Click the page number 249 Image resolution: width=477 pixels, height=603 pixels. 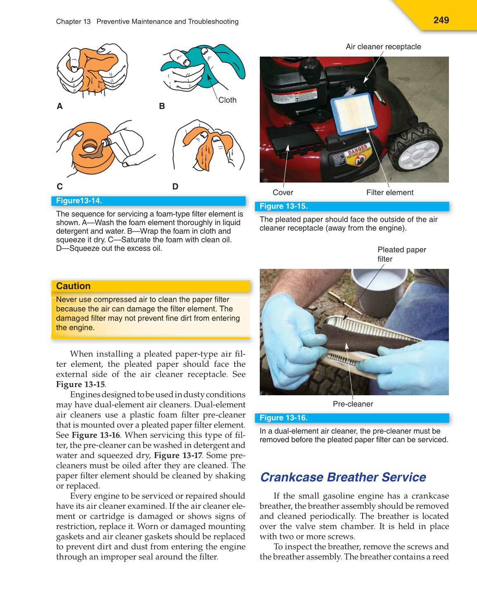tap(441, 20)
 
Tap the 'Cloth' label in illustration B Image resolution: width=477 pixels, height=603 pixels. tap(227, 100)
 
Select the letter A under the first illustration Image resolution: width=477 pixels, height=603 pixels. tap(60, 106)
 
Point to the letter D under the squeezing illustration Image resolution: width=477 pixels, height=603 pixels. tap(175, 186)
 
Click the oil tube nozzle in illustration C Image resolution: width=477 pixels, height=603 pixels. tap(106, 142)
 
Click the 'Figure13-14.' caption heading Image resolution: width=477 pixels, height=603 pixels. tap(79, 201)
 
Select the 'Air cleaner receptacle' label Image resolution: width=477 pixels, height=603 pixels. tap(383, 47)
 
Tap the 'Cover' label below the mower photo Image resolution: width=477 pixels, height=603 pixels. tap(283, 192)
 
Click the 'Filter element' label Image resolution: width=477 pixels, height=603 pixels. tap(389, 192)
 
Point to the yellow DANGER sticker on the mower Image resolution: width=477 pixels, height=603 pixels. tap(358, 154)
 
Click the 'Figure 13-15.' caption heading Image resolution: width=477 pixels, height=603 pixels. tap(283, 206)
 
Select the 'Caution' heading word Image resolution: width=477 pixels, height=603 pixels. tap(73, 286)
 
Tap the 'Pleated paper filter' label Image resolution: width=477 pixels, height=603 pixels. tap(401, 254)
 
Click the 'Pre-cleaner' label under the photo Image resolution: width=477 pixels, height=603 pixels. tap(353, 404)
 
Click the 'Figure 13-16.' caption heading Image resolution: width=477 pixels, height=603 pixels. tap(283, 418)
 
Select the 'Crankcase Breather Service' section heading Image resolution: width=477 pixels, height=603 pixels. tap(343, 477)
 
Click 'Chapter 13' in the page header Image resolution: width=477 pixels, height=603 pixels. tap(73, 21)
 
